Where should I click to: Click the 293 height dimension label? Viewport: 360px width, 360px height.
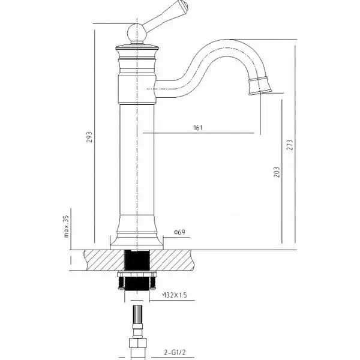pos(89,137)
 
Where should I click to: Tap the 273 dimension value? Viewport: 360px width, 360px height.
pos(290,145)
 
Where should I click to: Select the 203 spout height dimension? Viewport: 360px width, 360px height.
pos(277,172)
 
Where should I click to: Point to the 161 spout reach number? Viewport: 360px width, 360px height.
pos(198,127)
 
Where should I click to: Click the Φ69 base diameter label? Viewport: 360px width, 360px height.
pos(179,232)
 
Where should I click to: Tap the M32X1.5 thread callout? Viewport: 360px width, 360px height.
pos(175,295)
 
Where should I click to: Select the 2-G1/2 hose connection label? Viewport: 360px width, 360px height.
pos(175,352)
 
